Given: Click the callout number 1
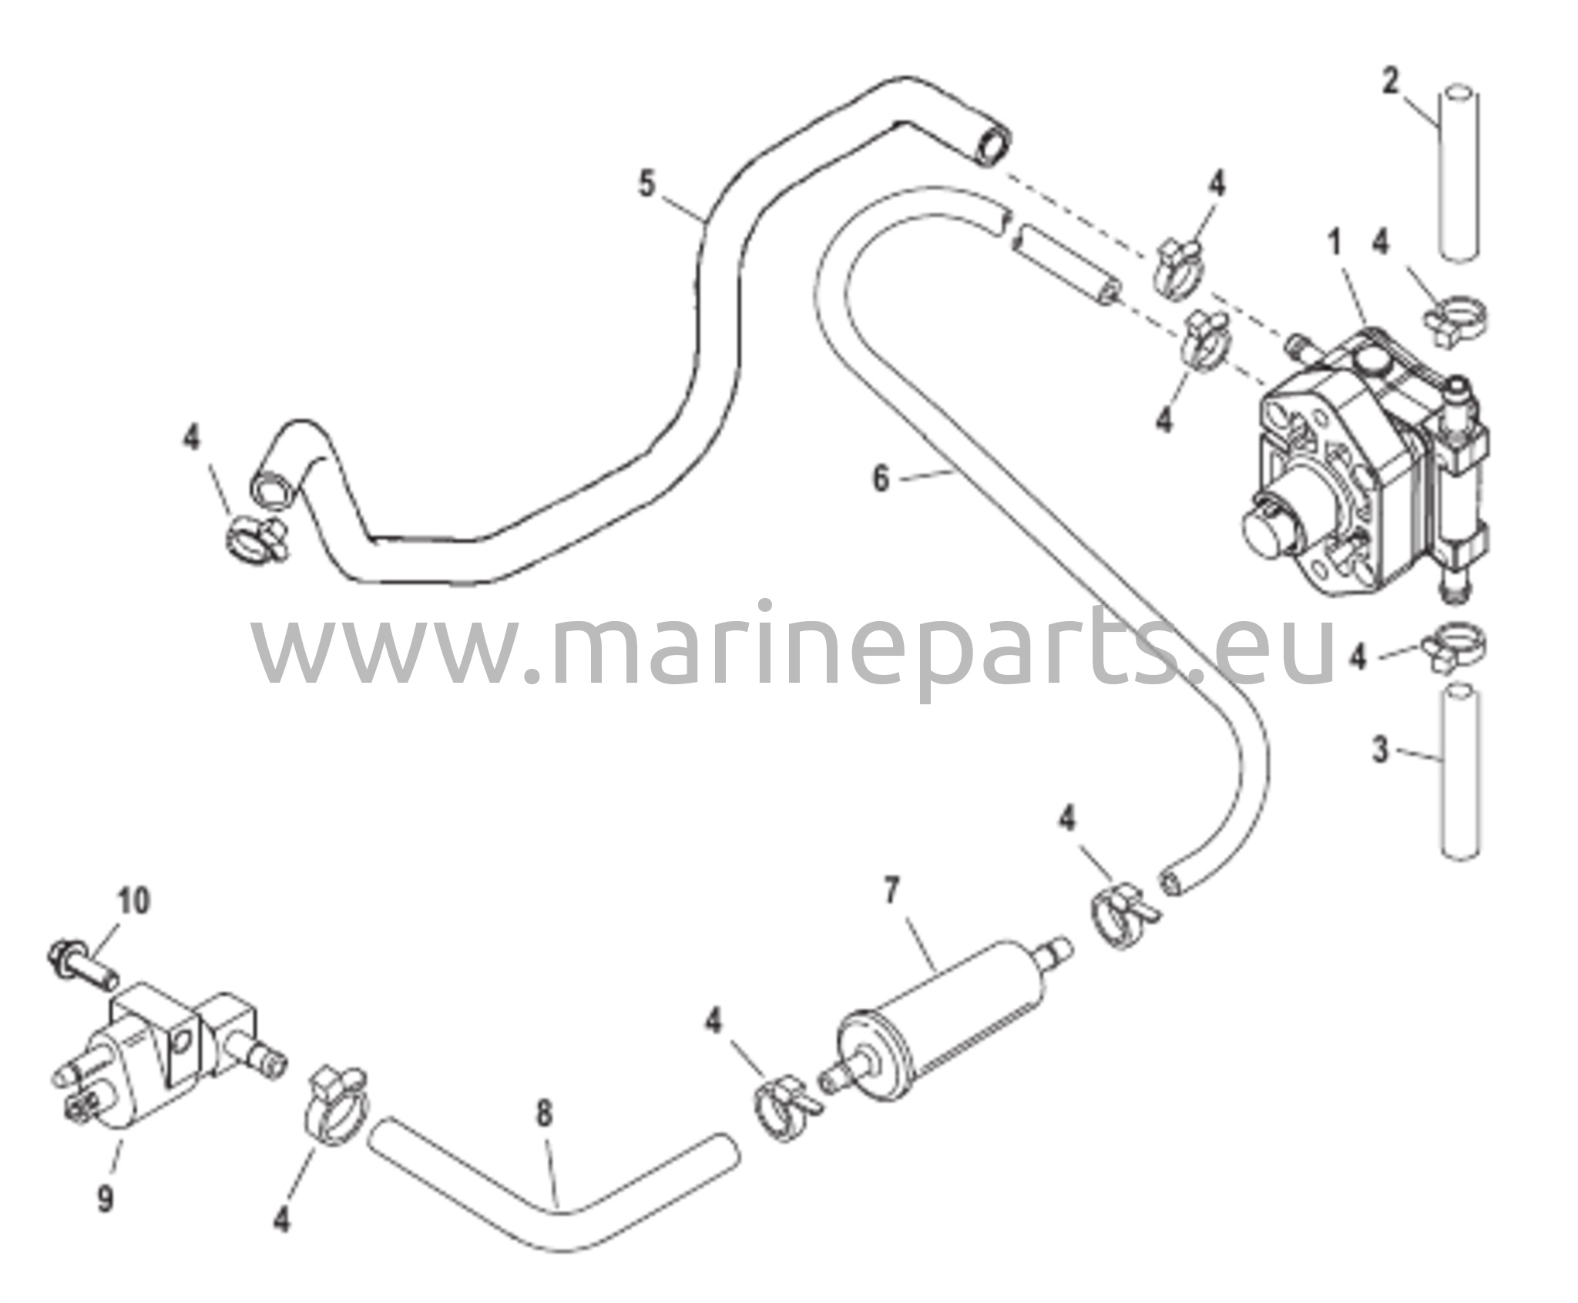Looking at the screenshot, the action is [1334, 245].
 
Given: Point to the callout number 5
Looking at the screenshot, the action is [646, 185].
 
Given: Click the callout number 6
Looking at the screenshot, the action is [881, 479].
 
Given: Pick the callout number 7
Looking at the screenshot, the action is [891, 892].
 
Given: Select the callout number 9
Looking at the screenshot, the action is [104, 1218].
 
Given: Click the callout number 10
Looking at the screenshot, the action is [134, 900].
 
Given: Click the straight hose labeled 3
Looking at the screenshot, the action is [1459, 771].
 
